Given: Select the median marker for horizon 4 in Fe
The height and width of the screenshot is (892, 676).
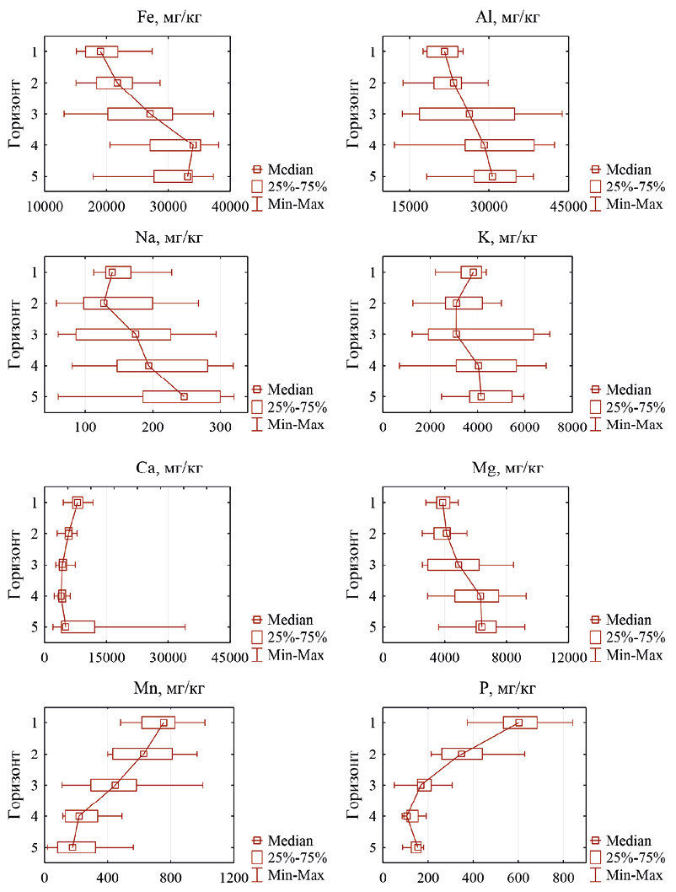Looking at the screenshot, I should pyautogui.click(x=193, y=145).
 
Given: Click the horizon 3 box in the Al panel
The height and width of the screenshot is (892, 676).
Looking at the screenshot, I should pyautogui.click(x=466, y=114).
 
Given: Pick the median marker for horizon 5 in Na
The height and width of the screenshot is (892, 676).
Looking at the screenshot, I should pyautogui.click(x=184, y=396).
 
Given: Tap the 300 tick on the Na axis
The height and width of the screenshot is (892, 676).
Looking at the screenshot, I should pyautogui.click(x=220, y=427).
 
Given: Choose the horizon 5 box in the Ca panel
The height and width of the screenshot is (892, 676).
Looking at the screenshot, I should pyautogui.click(x=78, y=626).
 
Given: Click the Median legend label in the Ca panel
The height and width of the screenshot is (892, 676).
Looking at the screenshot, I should pyautogui.click(x=291, y=621).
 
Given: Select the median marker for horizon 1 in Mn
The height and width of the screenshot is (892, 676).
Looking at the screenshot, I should pyautogui.click(x=164, y=723).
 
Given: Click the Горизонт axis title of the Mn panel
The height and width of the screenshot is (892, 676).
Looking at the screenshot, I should pyautogui.click(x=15, y=784).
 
